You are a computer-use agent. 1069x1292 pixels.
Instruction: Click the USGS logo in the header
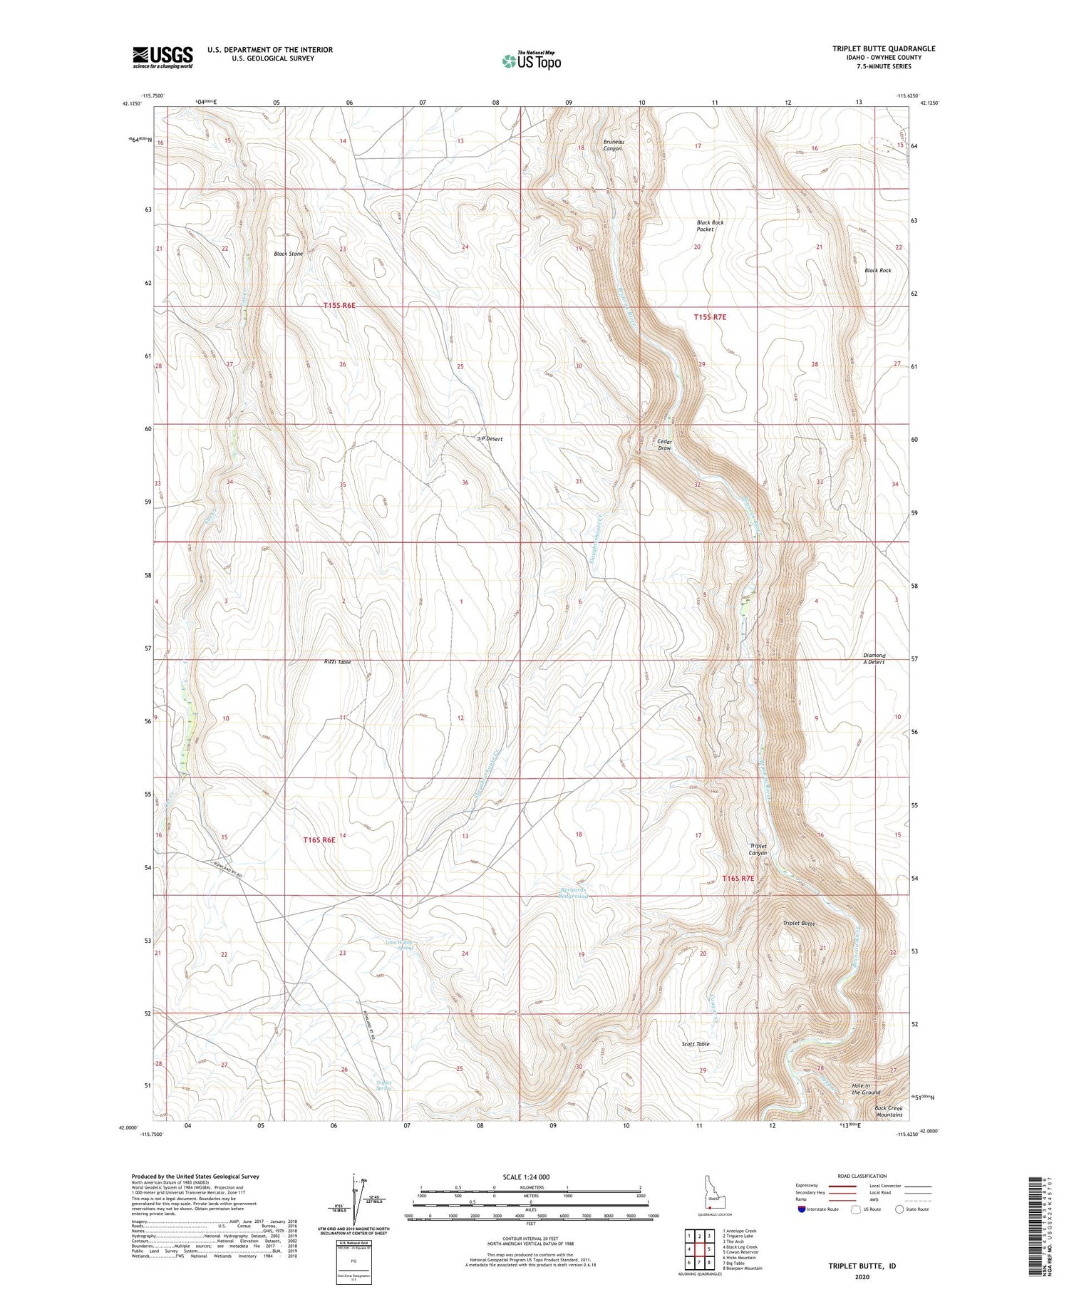(x=162, y=57)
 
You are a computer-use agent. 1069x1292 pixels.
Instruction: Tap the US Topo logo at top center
(x=532, y=61)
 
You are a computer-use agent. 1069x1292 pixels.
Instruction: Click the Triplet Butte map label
(x=798, y=924)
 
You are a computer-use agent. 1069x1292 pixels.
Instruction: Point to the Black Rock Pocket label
(x=710, y=226)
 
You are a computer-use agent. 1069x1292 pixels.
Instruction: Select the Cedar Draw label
(x=664, y=445)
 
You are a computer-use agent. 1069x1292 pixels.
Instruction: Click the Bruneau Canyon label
(x=612, y=145)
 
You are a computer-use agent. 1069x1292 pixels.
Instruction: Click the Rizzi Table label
(x=337, y=662)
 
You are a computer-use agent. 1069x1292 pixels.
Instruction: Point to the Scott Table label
(x=695, y=1044)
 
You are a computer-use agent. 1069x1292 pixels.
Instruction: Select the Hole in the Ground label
(x=866, y=1089)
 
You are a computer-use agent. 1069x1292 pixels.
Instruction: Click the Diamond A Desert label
(x=874, y=658)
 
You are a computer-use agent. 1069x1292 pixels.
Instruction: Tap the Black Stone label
(x=288, y=254)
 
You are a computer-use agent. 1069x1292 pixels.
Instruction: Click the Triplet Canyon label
(x=758, y=849)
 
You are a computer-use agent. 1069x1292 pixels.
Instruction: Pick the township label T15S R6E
(x=339, y=305)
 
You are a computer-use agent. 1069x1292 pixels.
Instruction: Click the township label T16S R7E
(x=738, y=879)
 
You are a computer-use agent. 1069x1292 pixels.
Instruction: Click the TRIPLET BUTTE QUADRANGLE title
(x=884, y=48)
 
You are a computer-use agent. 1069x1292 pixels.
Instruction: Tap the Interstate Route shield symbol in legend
(x=802, y=1209)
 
